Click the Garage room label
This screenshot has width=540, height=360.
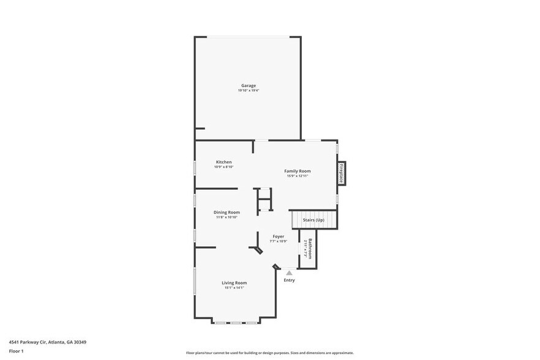point(248,86)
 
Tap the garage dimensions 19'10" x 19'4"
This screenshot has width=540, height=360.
point(248,91)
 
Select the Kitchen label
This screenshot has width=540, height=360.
point(223,162)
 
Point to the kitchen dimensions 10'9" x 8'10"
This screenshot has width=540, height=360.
point(223,167)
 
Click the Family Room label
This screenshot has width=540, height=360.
point(297,171)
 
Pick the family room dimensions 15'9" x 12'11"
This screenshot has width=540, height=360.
point(297,176)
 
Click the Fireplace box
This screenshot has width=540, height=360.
point(342,173)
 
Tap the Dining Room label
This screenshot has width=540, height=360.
point(227,212)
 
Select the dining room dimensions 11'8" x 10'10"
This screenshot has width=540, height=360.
point(227,217)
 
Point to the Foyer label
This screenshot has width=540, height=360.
point(278,236)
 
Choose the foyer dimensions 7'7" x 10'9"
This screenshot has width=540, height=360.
point(278,241)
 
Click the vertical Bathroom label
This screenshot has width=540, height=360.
point(310,249)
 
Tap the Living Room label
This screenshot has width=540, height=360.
point(234,283)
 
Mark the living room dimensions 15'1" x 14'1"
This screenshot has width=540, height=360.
point(234,288)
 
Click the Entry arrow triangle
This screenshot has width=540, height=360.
point(289,273)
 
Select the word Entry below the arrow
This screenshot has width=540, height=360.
point(289,280)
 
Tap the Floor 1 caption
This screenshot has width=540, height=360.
point(16,351)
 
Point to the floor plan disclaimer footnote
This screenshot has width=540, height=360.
point(269,353)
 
